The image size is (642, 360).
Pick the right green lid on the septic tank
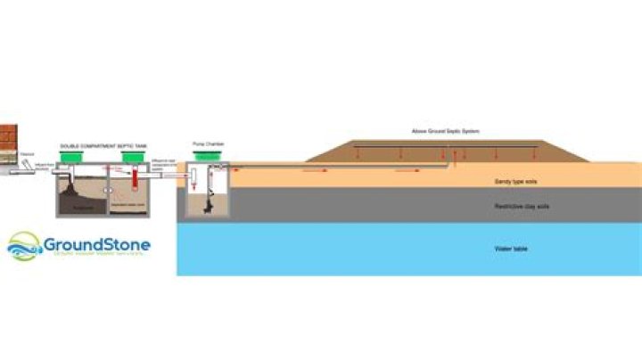point(134,158)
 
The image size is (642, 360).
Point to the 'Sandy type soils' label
point(515,181)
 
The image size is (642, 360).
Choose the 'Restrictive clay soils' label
point(520,207)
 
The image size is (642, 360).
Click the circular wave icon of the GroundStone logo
point(23,247)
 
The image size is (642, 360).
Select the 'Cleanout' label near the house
point(28,151)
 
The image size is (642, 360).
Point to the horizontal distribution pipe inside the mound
point(446,143)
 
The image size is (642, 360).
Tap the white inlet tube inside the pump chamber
point(192,178)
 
